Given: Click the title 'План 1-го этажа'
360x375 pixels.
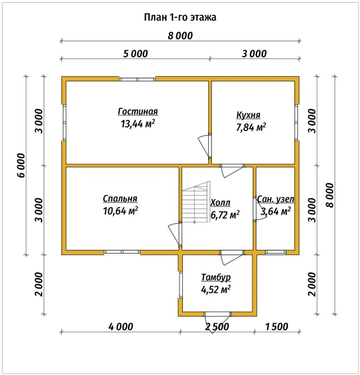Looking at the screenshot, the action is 180,17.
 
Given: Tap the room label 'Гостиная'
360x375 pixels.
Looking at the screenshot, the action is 138,111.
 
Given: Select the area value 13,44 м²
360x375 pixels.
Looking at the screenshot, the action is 138,124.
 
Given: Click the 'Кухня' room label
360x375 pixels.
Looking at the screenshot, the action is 248,115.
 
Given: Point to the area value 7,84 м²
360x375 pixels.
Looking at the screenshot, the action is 251,127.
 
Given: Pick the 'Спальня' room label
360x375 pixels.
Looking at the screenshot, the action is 120,198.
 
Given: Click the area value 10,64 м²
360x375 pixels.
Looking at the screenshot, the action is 120,211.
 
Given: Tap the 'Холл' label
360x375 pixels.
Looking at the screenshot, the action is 220,203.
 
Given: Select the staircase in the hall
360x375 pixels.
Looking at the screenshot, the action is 196,202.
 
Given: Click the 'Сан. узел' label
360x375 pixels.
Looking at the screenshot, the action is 276,199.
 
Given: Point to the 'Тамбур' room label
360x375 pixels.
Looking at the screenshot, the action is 216,277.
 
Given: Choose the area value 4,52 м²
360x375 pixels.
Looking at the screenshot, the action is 216,290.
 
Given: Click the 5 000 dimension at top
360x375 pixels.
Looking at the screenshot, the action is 136,54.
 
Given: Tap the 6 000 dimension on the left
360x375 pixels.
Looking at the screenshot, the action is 21,165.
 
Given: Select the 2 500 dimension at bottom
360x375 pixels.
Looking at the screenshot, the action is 217,327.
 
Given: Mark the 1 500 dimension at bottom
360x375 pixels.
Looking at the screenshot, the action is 277,327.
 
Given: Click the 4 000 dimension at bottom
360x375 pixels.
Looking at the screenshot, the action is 121,327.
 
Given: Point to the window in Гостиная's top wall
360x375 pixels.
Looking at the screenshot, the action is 137,79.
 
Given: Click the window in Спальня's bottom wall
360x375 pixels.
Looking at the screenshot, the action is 122,252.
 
